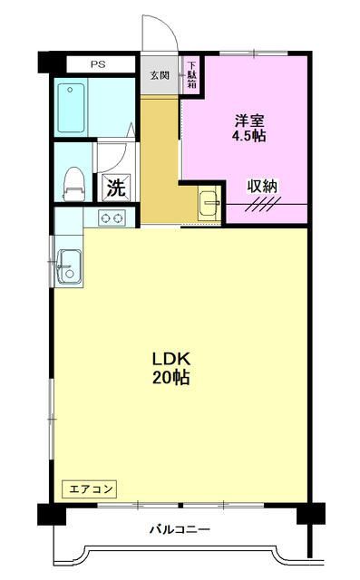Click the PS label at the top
(97, 65)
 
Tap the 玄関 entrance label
(160, 74)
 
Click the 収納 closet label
(263, 186)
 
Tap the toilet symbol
(71, 179)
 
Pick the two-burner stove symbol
(112, 217)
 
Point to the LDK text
(170, 359)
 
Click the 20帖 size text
(170, 379)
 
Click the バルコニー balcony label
(180, 529)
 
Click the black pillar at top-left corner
(45, 63)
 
